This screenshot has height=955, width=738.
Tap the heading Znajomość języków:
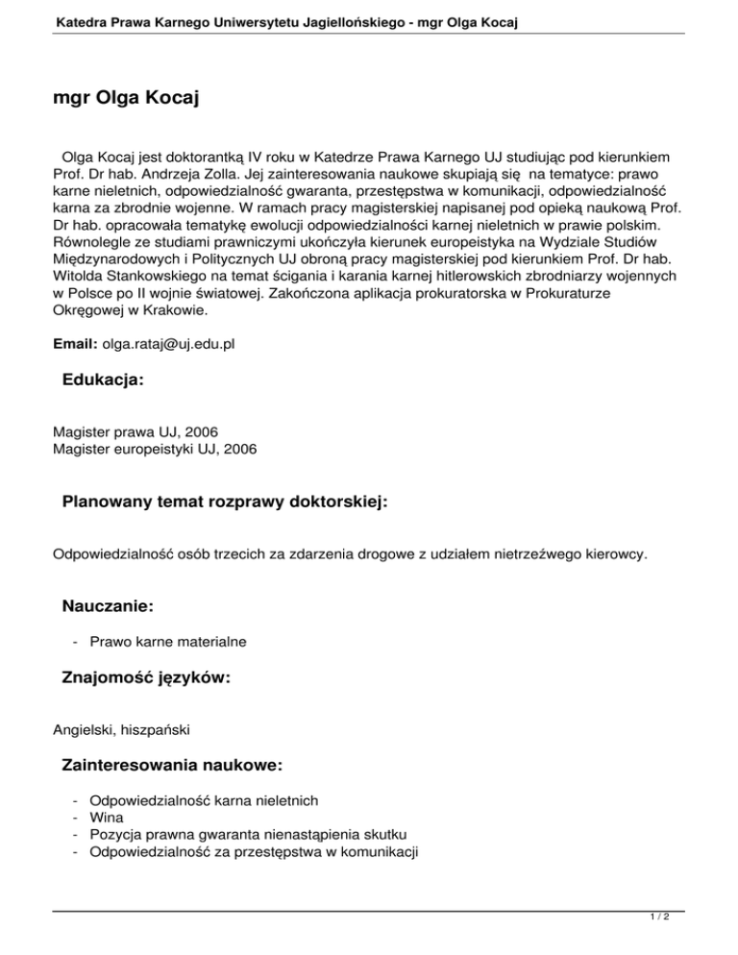click(145, 677)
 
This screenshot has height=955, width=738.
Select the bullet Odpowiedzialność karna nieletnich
click(204, 799)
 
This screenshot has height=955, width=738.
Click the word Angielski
click(82, 730)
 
